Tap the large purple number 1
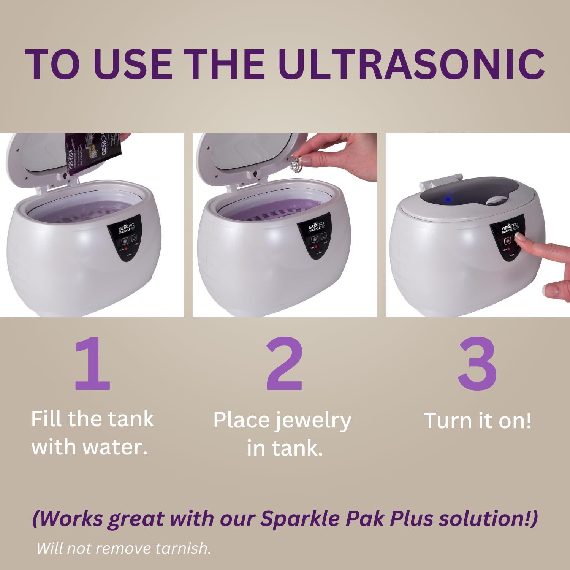tap(92, 364)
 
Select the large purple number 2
tap(284, 364)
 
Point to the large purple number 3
tap(477, 364)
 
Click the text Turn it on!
tap(477, 421)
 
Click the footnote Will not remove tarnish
tap(123, 548)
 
